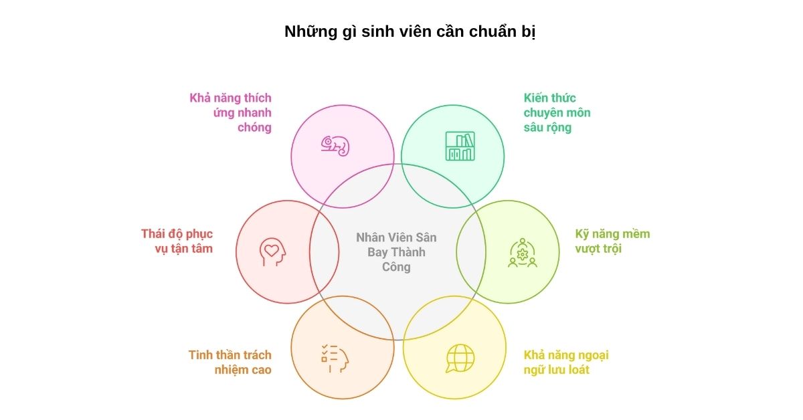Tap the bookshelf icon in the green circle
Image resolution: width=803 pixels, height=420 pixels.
click(460, 146)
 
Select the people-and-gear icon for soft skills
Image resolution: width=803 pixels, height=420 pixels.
click(522, 253)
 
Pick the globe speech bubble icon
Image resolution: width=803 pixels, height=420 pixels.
click(460, 358)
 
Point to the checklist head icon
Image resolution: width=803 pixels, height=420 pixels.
click(335, 358)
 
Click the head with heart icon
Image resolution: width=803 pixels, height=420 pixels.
click(272, 251)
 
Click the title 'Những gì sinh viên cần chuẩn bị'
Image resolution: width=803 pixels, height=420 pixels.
click(410, 31)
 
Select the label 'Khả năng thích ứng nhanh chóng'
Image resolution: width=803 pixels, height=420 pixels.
click(231, 112)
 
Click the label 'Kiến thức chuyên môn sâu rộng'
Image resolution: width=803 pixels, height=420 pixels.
click(557, 112)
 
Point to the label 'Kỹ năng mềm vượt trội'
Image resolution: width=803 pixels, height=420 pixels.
click(612, 241)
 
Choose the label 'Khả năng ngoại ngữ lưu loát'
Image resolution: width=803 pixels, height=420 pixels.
click(565, 362)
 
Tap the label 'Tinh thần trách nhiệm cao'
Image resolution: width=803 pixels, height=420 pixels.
click(230, 362)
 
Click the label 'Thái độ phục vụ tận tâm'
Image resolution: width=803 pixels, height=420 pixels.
click(177, 241)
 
